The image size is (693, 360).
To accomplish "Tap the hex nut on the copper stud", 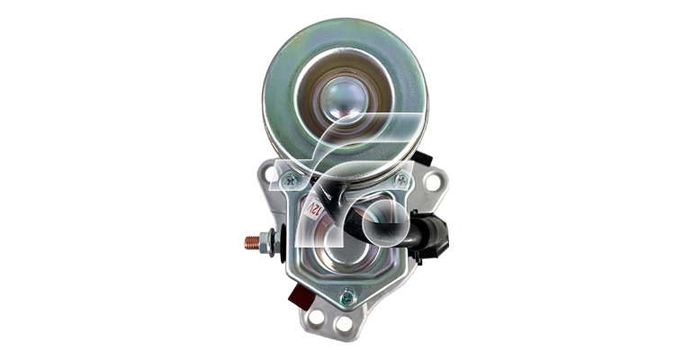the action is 265,242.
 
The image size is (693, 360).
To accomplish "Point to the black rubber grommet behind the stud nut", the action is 282,242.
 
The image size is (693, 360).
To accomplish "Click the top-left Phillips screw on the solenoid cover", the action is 290,180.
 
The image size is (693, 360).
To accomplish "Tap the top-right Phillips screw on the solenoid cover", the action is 401,180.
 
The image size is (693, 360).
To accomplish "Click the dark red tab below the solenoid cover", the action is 301,296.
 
